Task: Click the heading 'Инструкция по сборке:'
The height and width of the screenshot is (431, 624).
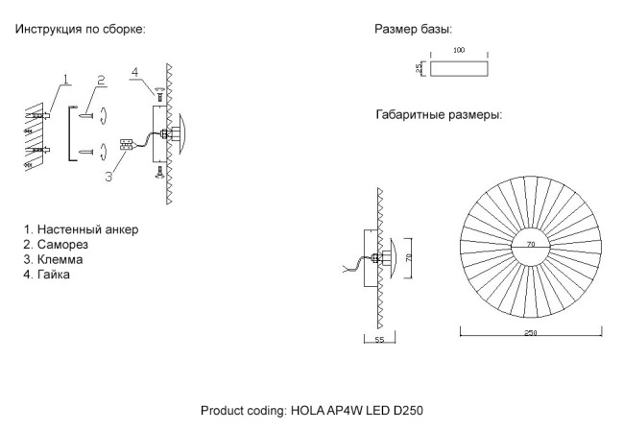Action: click(80, 30)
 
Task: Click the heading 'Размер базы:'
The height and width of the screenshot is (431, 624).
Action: click(413, 30)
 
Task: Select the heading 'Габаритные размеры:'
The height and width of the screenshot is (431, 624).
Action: click(439, 115)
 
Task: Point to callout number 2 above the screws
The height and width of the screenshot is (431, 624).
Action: click(100, 80)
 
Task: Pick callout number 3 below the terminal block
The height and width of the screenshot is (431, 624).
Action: click(109, 176)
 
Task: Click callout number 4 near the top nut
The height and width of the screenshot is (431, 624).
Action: click(135, 72)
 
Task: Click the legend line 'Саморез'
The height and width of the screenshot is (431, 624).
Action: click(61, 245)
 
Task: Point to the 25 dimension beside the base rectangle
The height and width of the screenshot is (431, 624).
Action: click(420, 69)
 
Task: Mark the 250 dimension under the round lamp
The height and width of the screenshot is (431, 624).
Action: click(530, 333)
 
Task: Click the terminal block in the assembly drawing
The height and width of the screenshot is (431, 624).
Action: click(125, 146)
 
